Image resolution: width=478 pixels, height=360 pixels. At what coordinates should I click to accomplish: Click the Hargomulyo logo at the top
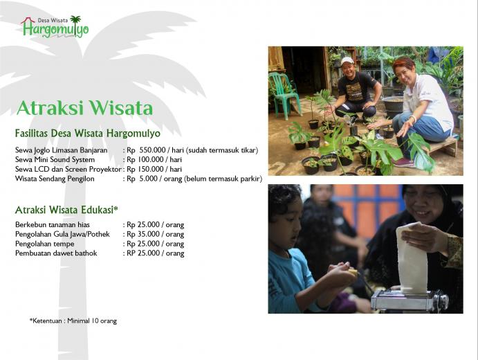(55, 27)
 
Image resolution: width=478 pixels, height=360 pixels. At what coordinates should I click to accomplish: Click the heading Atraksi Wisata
(84, 108)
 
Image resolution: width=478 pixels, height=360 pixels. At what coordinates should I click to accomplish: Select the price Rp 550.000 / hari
(154, 150)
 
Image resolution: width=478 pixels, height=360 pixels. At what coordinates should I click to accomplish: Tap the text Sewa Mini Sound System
(55, 159)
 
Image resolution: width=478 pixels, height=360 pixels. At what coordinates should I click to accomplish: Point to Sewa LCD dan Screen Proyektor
(68, 169)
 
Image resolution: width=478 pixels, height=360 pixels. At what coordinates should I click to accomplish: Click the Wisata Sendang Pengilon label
(55, 179)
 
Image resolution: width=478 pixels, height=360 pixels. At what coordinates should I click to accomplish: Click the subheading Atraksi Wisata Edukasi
(66, 210)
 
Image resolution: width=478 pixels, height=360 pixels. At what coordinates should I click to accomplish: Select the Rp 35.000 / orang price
(156, 234)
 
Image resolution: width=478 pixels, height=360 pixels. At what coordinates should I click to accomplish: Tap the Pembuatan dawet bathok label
(56, 253)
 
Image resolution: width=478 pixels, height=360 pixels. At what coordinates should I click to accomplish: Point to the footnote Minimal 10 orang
(92, 321)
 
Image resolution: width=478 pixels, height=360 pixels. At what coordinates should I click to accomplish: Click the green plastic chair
(284, 95)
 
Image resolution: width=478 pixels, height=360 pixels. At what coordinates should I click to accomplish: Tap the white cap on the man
(347, 61)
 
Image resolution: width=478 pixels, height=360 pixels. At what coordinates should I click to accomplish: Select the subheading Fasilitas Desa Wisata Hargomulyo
(88, 134)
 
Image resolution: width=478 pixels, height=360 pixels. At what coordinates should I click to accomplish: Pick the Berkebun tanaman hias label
(53, 225)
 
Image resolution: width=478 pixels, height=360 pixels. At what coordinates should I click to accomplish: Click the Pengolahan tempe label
(45, 244)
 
